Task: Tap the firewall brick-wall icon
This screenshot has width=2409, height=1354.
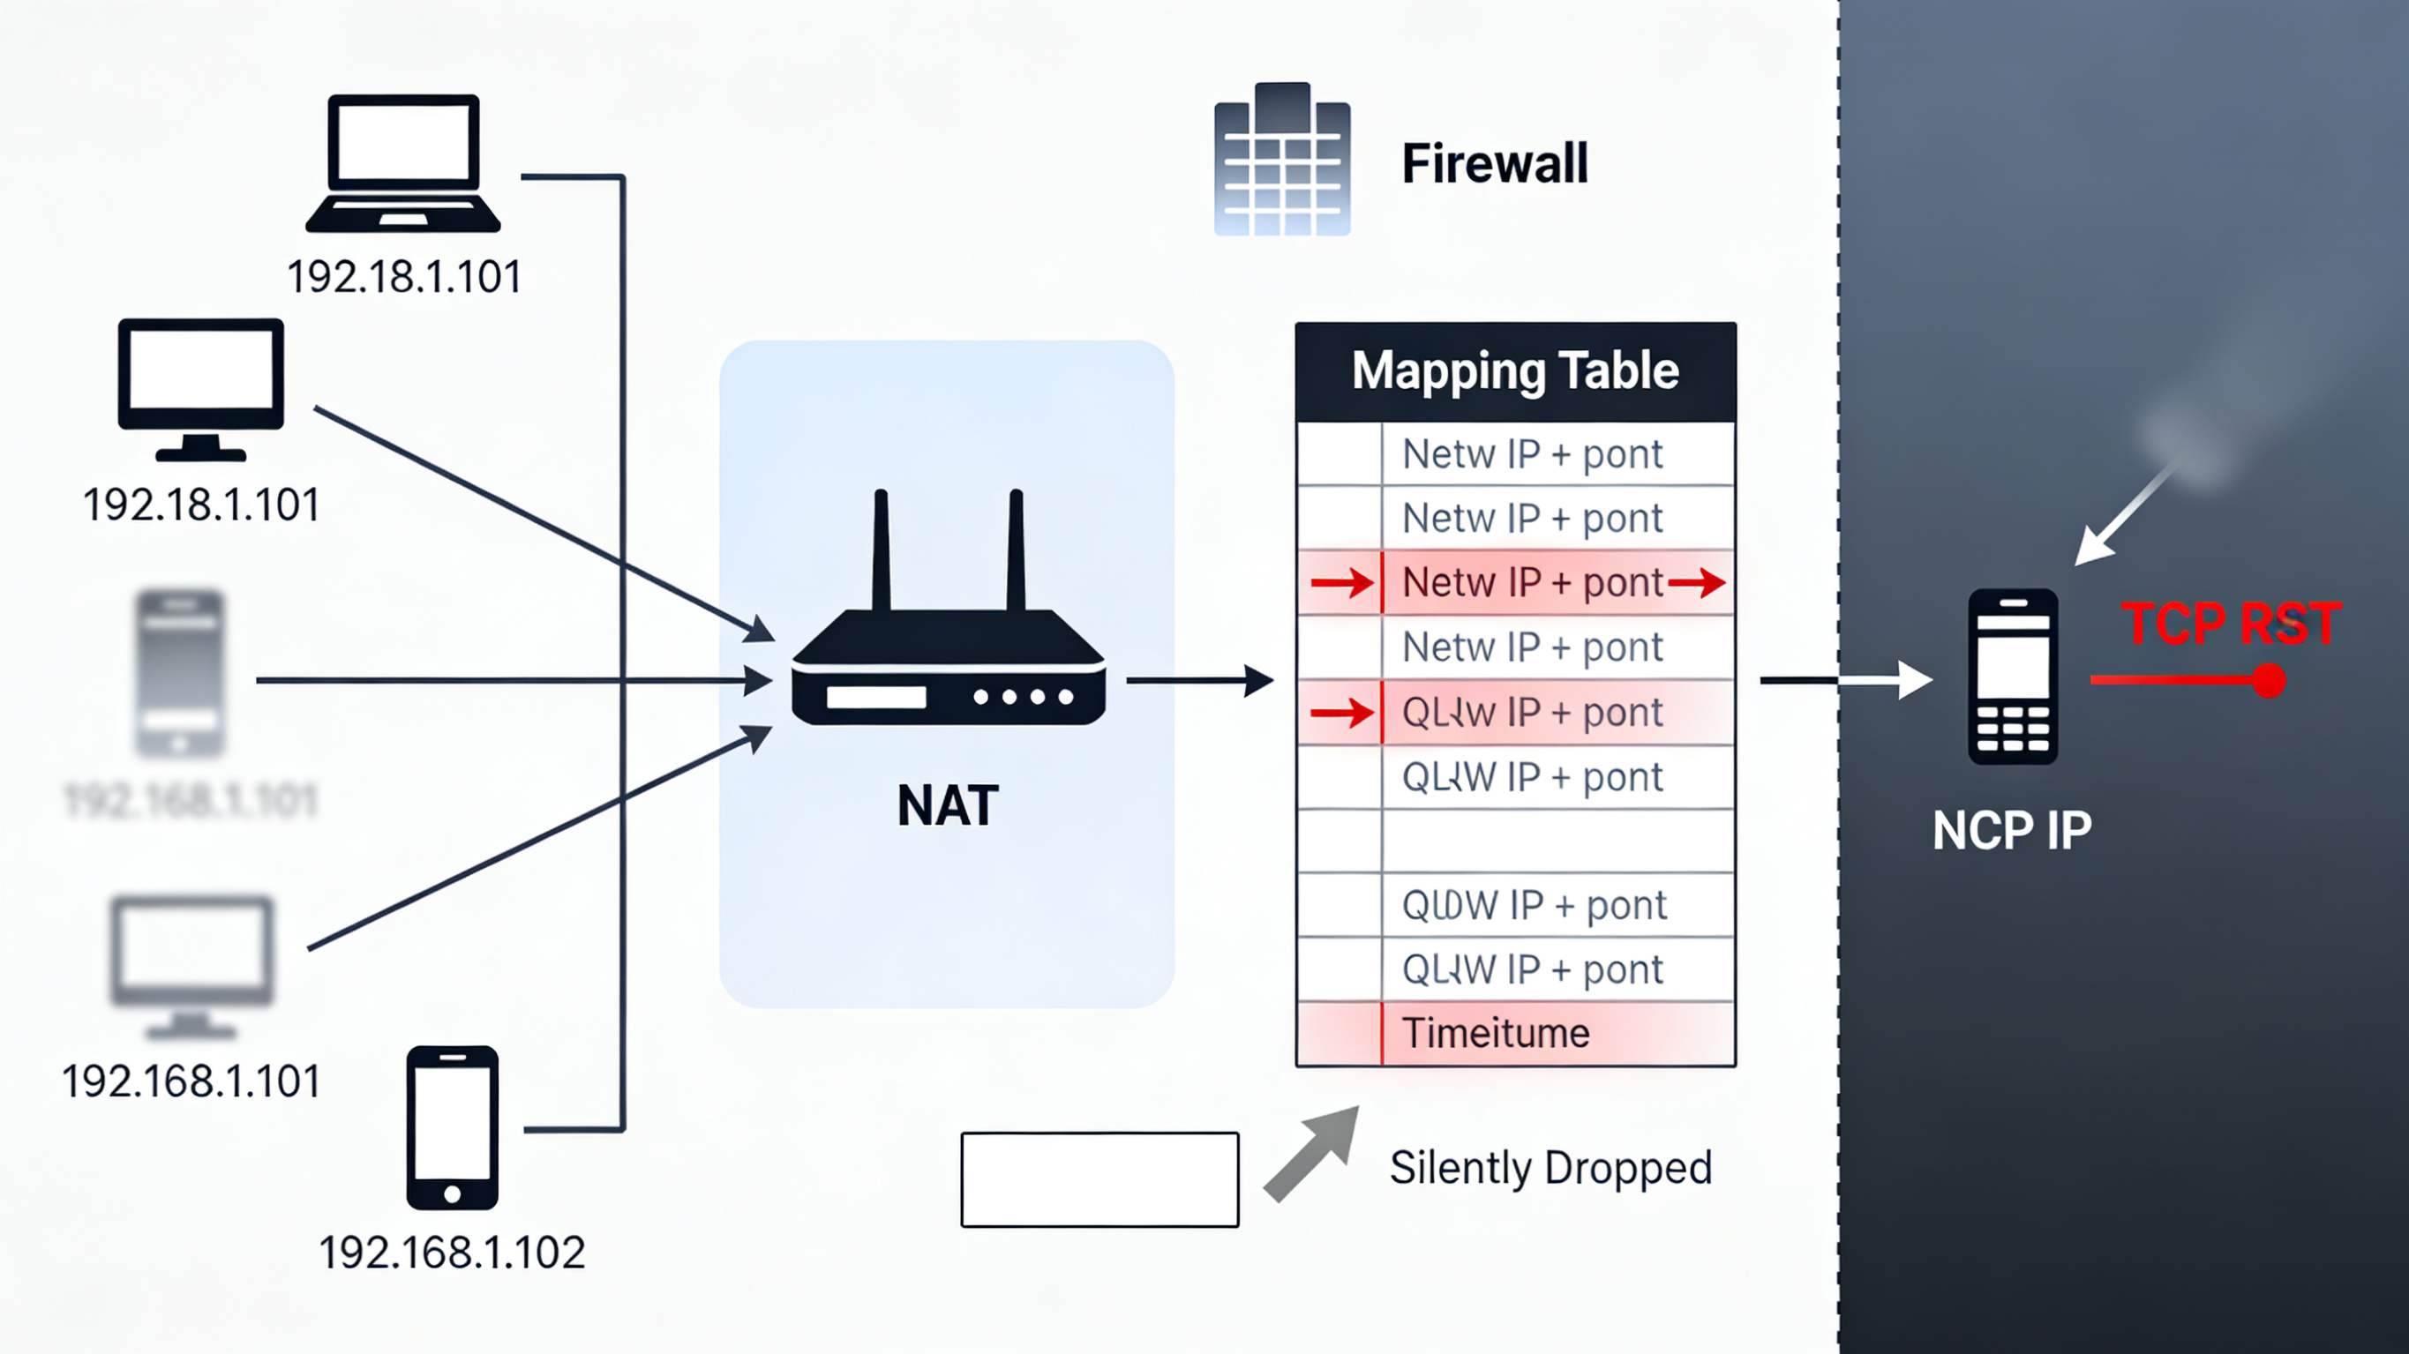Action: point(1282,159)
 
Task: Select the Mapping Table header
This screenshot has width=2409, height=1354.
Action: point(1515,371)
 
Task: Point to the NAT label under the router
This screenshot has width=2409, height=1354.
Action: point(948,805)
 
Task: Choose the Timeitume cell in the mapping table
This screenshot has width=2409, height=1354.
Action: point(1497,1033)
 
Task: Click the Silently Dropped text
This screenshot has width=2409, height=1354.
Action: point(1550,1168)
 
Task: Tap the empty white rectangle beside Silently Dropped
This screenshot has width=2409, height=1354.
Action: point(1099,1179)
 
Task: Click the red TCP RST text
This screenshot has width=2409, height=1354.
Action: point(2232,624)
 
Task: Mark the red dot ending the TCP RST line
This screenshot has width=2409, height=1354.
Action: point(2269,681)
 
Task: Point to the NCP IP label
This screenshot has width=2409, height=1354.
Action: point(2012,830)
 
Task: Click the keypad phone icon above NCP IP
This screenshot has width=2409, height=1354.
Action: point(2013,676)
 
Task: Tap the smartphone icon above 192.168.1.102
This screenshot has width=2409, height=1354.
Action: point(453,1127)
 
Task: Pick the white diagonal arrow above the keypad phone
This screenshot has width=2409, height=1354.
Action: point(2121,517)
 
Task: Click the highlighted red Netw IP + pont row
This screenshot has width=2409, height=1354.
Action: point(1532,582)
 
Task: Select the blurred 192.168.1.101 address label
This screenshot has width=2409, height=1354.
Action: point(191,800)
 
